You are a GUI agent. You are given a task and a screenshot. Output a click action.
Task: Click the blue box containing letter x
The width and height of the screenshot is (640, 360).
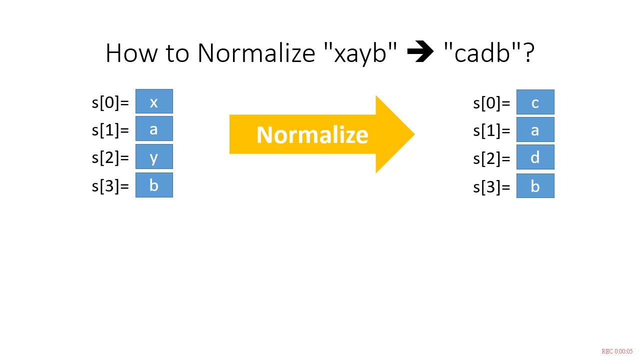(154, 101)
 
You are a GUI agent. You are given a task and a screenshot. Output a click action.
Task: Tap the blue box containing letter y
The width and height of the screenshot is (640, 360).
(154, 156)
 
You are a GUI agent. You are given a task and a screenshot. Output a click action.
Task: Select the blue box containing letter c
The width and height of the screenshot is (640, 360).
(535, 102)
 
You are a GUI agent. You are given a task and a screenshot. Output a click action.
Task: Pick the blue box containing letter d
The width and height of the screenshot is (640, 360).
(535, 157)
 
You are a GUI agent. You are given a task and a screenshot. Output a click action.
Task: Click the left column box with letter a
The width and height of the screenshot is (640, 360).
(154, 128)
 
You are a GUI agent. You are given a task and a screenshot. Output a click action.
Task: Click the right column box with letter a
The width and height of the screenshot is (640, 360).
(535, 129)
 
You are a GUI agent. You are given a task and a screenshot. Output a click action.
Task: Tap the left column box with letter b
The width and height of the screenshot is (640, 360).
(154, 185)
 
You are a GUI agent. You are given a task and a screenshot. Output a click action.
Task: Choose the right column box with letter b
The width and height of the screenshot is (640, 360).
(535, 185)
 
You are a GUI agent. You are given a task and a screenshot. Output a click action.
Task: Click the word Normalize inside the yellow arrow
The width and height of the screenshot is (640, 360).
(312, 135)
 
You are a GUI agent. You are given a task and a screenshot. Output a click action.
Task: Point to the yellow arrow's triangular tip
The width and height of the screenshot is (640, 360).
(414, 134)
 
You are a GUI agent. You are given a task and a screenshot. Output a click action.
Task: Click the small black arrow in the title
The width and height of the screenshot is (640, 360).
(420, 51)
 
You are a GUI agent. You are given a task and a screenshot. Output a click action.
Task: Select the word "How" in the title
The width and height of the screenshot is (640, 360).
(131, 53)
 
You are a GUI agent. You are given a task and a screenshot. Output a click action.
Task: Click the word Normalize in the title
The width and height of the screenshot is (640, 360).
(256, 53)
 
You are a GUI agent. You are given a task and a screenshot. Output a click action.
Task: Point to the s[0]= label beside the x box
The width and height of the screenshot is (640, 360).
(110, 102)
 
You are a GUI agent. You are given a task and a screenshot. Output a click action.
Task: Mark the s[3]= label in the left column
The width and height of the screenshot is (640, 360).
(110, 186)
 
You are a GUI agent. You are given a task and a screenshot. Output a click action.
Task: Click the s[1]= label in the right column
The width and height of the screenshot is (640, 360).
(491, 131)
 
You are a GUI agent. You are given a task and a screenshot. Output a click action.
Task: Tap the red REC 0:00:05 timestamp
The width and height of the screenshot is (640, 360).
(617, 351)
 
